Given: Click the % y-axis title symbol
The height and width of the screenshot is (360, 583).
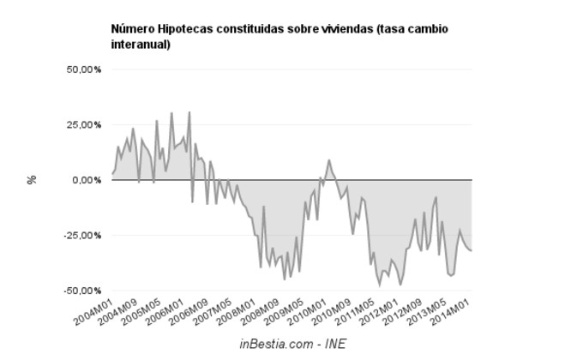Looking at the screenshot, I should pos(33,180).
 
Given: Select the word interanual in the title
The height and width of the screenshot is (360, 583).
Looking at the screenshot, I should pos(141,45).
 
